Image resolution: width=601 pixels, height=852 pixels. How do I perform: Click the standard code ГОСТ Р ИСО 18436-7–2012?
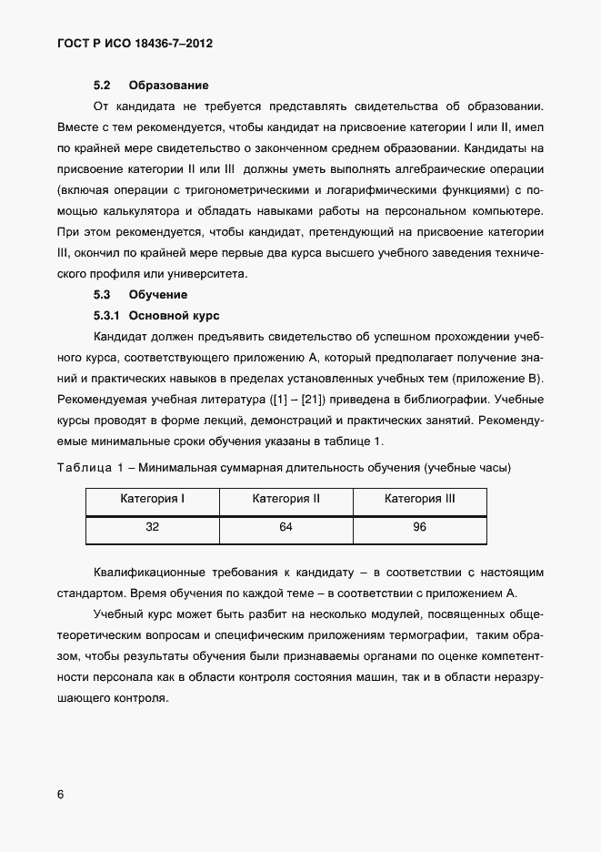(x=135, y=43)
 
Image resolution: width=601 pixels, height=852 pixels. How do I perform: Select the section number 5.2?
(x=102, y=86)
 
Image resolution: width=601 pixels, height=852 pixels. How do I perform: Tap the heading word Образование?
(x=169, y=86)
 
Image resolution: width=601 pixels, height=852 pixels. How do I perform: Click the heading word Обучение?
(x=158, y=295)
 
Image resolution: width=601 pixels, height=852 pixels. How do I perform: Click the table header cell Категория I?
(x=152, y=499)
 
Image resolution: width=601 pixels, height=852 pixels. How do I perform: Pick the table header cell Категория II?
(x=285, y=499)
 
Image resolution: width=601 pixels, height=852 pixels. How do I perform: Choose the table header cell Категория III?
(x=419, y=499)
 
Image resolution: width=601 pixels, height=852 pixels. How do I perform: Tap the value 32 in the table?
(x=152, y=527)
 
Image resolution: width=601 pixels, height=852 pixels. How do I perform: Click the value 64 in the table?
(x=285, y=527)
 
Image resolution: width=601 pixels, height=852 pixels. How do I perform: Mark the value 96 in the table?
(x=419, y=527)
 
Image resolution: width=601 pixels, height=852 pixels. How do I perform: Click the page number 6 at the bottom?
(x=61, y=794)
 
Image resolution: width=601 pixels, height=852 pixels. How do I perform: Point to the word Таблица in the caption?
(x=83, y=468)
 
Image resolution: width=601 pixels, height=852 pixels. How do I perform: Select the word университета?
(x=219, y=274)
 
